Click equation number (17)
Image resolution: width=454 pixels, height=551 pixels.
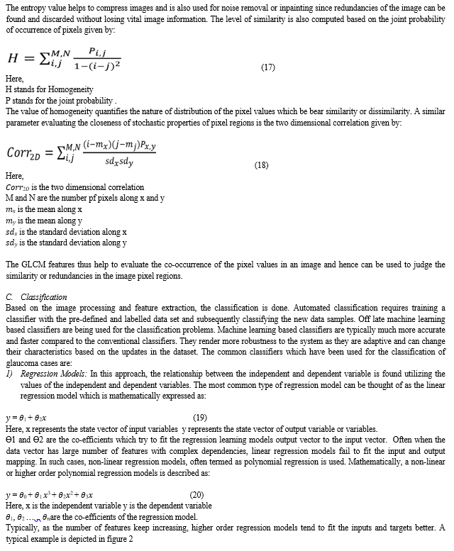point(268,67)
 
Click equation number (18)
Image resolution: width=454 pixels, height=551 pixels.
point(262,165)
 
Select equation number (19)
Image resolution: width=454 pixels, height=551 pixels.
point(200,418)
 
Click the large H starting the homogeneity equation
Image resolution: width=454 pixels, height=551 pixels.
point(12,58)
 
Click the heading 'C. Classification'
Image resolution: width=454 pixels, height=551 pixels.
point(36,297)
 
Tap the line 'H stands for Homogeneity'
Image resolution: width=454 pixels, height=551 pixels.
point(45,90)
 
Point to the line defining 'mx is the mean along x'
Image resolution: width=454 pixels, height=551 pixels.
point(43,209)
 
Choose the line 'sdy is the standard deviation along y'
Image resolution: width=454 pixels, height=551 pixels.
point(66,243)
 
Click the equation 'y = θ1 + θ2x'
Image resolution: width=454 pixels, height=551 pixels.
point(26,418)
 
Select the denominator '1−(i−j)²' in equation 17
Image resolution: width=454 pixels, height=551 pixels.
point(99,65)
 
